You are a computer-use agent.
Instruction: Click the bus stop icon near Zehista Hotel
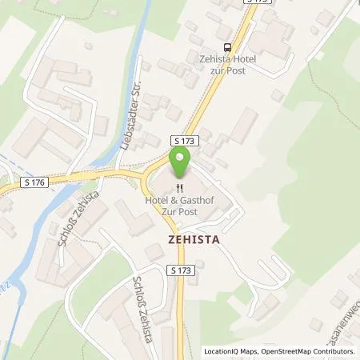point(228,46)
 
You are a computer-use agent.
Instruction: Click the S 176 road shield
point(36,182)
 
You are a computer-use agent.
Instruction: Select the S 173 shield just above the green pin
point(183,141)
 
